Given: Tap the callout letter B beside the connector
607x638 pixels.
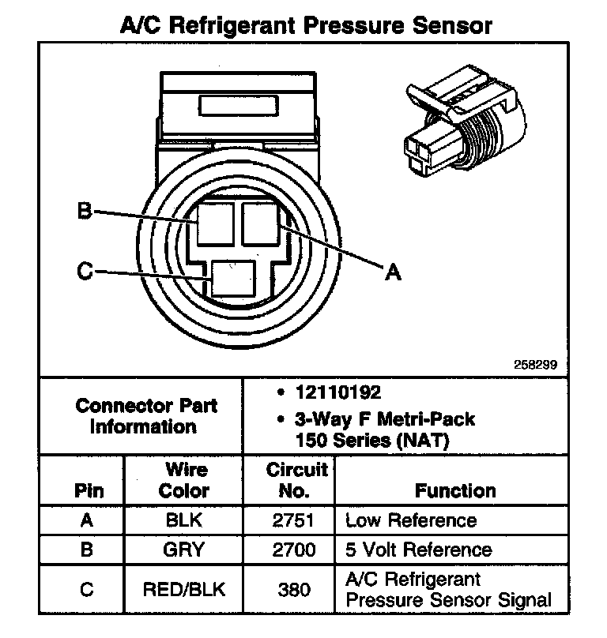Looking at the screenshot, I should pos(85,211).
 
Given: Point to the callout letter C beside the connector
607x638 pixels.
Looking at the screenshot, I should pos(85,272).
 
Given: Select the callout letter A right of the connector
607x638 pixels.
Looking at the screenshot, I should pos(393,272).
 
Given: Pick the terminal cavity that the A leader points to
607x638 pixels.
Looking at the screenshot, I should pos(262,224).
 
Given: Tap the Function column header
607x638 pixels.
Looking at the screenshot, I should pos(455,490).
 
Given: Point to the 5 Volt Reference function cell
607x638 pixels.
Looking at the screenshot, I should pos(418,550).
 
